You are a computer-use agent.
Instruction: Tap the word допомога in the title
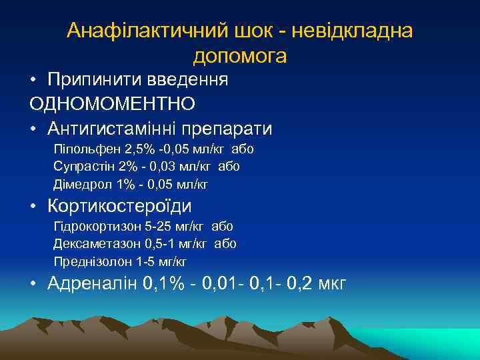[240, 56]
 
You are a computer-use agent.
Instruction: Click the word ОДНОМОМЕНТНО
[112, 104]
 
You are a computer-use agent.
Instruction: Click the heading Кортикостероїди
[119, 206]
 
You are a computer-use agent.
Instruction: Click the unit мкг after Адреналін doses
[333, 284]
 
